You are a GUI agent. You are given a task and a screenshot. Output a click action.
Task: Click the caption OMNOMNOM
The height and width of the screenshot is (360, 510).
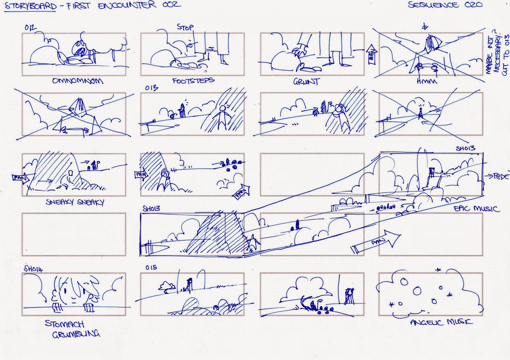coord(77,81)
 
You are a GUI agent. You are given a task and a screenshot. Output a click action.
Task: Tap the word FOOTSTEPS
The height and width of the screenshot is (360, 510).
coord(193,81)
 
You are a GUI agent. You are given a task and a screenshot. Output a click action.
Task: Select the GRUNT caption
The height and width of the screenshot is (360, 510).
coord(306,82)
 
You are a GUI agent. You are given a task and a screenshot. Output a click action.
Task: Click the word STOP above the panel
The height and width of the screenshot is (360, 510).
coord(185,27)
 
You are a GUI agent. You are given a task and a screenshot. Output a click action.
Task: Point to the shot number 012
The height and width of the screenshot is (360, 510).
coord(30,28)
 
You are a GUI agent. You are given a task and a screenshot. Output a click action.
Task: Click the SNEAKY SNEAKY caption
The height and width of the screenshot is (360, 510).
coord(75,202)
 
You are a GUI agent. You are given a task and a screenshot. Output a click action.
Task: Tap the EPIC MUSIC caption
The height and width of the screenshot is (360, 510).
coord(477,209)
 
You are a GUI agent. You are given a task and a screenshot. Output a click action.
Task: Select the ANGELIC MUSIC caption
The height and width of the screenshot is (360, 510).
coord(441,322)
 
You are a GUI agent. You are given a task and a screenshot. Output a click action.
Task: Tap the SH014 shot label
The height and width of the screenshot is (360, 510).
coord(33,269)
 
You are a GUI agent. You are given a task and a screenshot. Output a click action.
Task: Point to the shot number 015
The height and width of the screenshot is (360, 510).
coord(151,267)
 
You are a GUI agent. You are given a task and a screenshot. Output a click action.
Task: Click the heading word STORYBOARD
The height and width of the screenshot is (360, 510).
coord(31,6)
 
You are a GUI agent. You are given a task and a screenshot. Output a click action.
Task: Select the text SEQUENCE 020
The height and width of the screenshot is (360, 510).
coord(445,5)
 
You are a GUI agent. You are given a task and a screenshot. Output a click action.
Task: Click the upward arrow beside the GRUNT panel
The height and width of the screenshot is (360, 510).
coord(372,54)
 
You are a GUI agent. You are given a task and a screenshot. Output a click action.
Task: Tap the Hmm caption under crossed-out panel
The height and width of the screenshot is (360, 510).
coord(427,82)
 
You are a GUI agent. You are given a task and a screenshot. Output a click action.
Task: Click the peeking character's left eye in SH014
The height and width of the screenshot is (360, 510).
coord(65,291)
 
